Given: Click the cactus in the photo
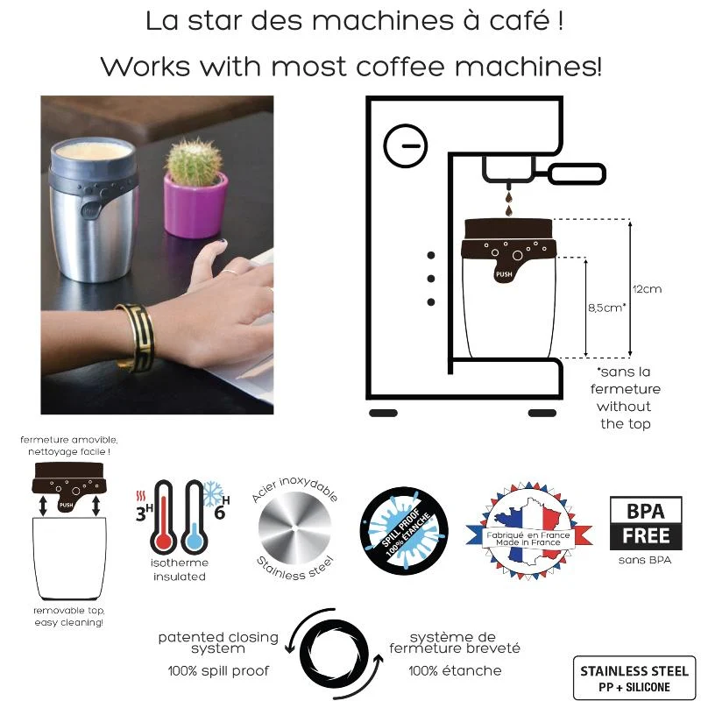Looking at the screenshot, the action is click(x=194, y=162).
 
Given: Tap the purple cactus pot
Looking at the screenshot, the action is click(x=195, y=205).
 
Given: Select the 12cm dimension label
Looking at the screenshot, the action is click(x=647, y=289).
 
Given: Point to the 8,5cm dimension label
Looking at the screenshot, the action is click(x=606, y=308).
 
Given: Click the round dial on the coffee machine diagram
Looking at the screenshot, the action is click(x=406, y=145).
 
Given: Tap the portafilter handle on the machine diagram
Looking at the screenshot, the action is click(x=577, y=173).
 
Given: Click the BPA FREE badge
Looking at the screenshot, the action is click(x=646, y=523).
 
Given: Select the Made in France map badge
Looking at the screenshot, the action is click(x=528, y=531).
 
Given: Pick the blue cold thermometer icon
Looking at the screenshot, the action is click(x=193, y=517).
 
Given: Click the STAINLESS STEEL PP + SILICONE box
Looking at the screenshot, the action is click(x=634, y=678).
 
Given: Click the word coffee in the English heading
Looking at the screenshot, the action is click(x=401, y=67).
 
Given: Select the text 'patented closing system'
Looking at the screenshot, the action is click(x=218, y=642).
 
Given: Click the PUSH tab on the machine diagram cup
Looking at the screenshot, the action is click(x=504, y=273).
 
